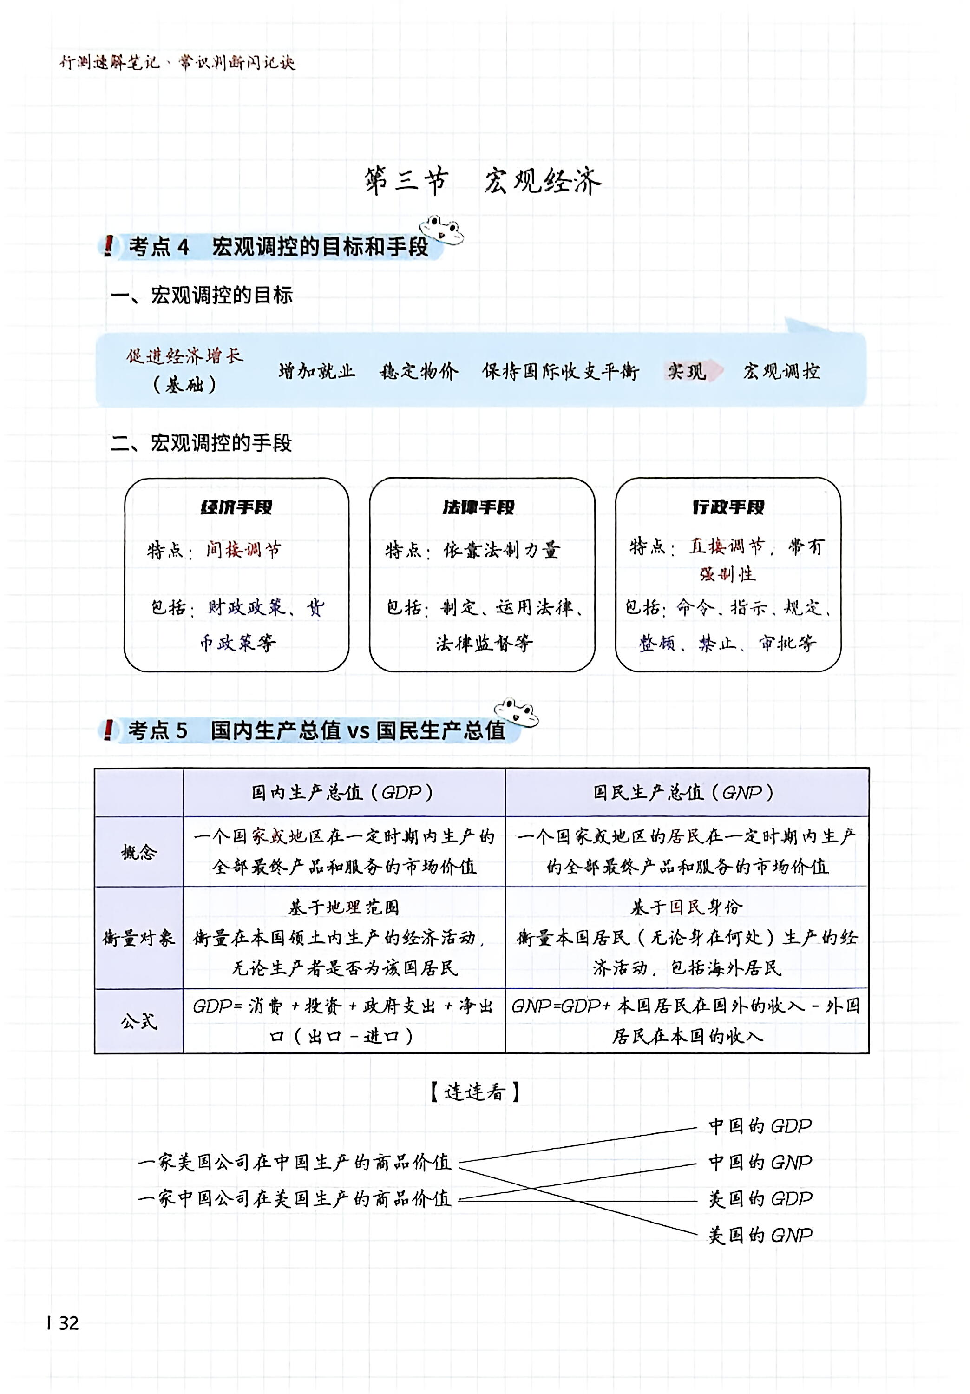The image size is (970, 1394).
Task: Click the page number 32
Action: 68,1323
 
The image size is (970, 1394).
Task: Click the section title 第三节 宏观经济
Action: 483,180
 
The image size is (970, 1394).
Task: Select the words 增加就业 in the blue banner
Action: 317,371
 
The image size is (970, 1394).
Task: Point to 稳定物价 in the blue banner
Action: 419,371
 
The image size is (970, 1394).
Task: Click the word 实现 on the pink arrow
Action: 687,371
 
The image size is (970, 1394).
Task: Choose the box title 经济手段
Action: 237,507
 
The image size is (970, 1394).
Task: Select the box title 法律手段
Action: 478,507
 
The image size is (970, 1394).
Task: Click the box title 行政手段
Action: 728,507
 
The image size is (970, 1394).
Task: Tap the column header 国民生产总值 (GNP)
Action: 684,792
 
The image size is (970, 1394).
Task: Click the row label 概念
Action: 139,852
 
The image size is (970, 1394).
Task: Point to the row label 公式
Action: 139,1021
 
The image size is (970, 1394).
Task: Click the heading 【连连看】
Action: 475,1092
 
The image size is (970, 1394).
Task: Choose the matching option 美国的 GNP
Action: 760,1235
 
